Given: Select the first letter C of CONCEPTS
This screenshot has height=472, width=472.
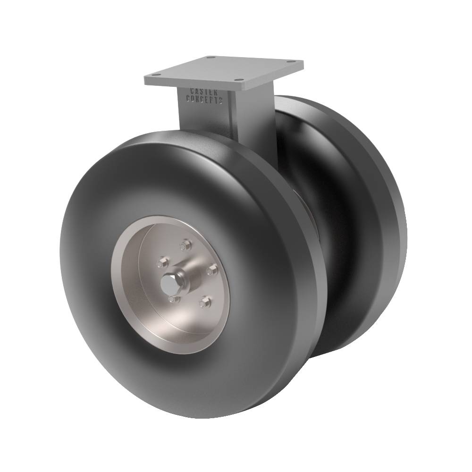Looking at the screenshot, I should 189,99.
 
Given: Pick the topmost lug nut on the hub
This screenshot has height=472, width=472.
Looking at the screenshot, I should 185,244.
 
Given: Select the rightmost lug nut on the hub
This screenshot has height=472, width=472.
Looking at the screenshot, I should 212,269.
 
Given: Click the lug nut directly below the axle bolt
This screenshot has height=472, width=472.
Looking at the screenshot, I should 173,299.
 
